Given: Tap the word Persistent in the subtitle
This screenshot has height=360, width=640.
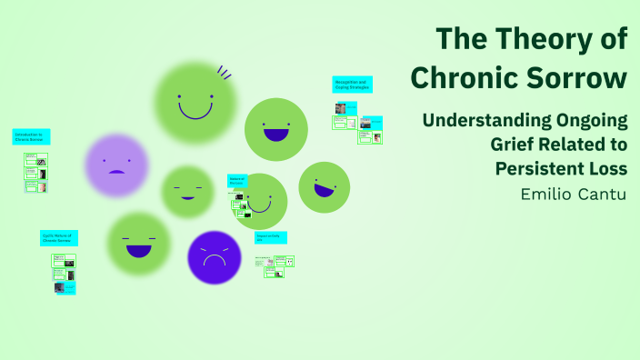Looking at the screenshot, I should pos(546,168).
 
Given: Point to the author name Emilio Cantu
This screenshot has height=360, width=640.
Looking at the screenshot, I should pos(574,195).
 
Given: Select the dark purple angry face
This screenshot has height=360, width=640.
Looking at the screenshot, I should pos(215,258).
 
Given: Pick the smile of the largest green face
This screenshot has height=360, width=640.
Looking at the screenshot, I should pos(195,112).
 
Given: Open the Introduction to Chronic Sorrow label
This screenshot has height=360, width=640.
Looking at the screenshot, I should pos(31,137).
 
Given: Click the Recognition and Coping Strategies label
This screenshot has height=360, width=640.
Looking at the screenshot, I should pos(351,85).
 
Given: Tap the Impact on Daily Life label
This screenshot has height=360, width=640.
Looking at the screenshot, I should pos(270,238).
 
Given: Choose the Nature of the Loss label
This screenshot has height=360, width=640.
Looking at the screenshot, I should pos(236,182).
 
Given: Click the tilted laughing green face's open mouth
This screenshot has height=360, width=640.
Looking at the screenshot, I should pos(324,190).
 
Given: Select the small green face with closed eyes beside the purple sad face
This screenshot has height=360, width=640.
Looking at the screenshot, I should pos(187,193).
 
